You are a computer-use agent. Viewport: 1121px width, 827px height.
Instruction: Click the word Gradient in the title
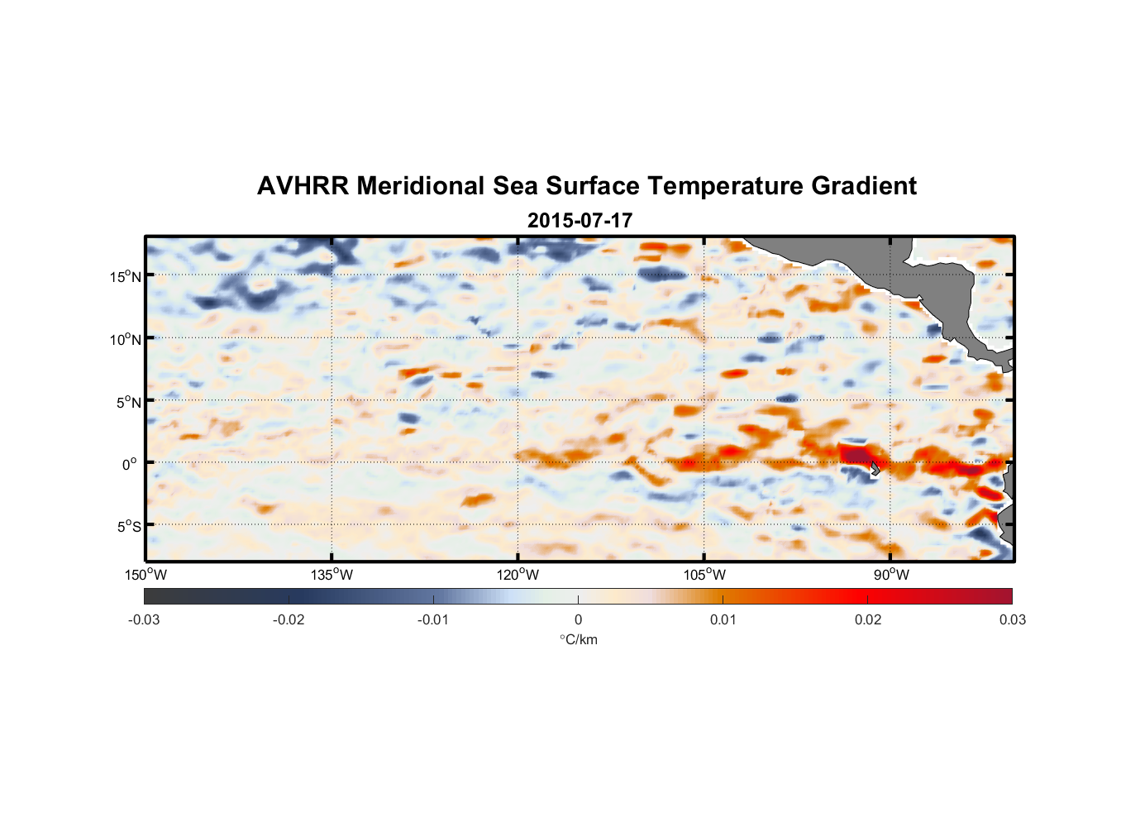pos(863,186)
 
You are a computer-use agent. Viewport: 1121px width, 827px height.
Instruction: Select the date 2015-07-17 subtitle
pos(580,221)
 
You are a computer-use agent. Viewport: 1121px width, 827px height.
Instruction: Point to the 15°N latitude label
pos(125,276)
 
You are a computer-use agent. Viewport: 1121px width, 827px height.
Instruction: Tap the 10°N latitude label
pos(125,339)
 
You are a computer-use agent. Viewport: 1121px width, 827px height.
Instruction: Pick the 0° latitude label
pos(130,464)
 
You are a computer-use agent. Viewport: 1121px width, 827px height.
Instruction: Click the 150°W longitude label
pos(145,575)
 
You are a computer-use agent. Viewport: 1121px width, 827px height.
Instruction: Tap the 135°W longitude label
pos(332,575)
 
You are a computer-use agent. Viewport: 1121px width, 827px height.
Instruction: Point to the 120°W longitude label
pos(518,575)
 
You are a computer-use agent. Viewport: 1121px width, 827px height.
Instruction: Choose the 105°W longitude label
pos(704,575)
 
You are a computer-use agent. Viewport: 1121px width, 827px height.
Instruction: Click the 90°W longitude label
pos(891,575)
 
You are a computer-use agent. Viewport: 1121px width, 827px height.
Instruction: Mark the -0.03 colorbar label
pos(144,619)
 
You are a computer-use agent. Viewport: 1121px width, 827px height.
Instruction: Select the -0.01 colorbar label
pos(433,619)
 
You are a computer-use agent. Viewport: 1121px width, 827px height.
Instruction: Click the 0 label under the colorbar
pos(578,619)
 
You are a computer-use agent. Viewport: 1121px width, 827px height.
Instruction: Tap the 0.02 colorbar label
pos(867,619)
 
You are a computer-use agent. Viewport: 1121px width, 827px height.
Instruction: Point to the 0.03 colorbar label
pos(1012,619)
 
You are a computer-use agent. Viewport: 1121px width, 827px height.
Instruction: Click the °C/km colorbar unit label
pos(578,639)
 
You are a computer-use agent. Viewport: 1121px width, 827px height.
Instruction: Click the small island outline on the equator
pos(875,468)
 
